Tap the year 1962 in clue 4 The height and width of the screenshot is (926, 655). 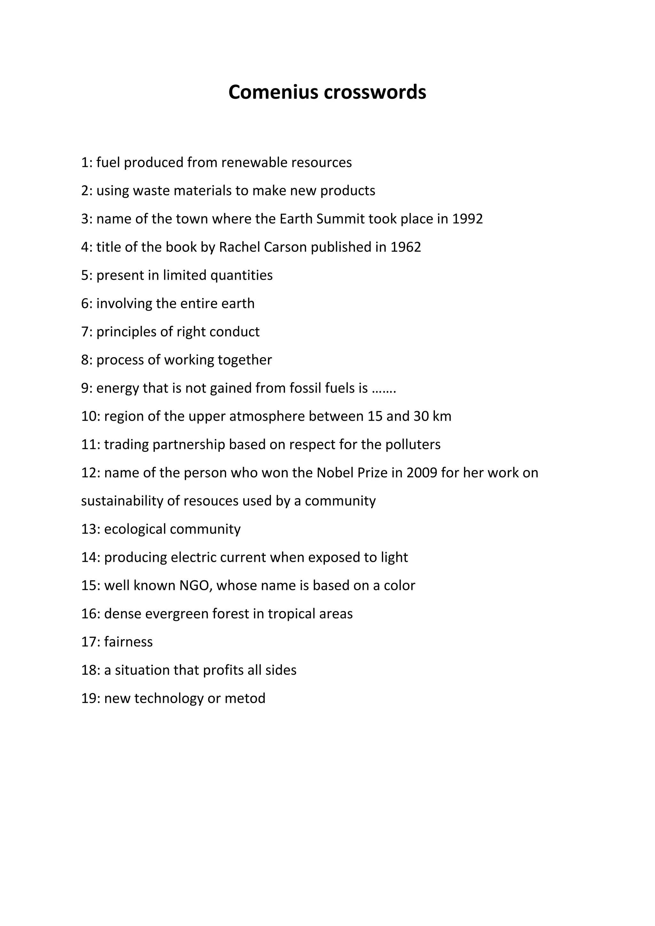(406, 247)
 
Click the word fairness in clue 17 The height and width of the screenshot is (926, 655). (128, 642)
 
